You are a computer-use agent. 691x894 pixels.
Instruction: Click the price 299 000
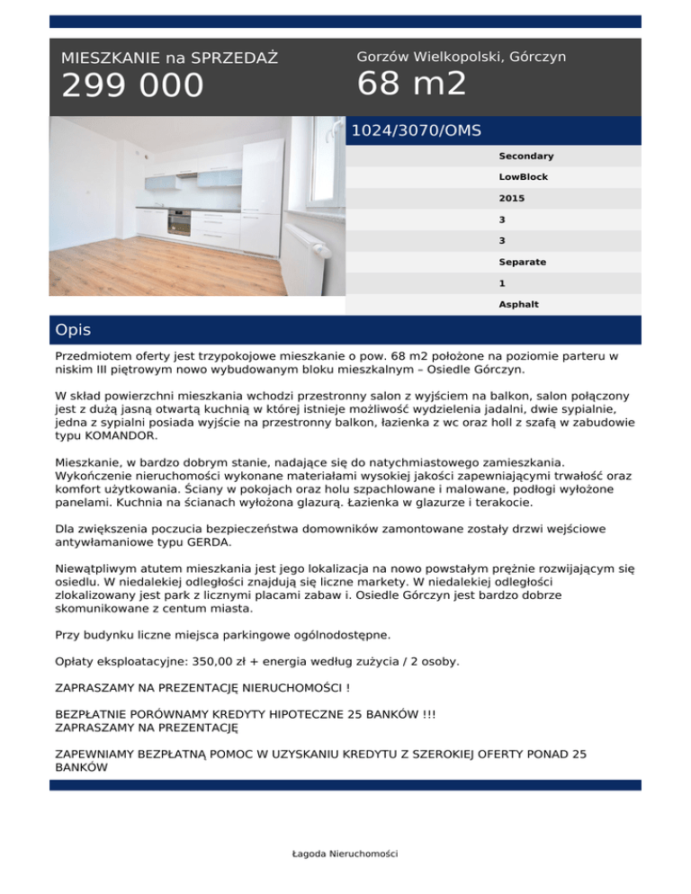pyautogui.click(x=132, y=86)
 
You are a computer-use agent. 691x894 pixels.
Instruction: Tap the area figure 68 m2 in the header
pyautogui.click(x=411, y=85)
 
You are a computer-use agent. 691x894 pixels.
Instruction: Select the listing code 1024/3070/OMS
pyautogui.click(x=416, y=130)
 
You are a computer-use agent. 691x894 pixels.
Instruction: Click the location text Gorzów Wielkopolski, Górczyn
pyautogui.click(x=461, y=57)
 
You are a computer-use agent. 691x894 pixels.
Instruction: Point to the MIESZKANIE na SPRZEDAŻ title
pyautogui.click(x=169, y=58)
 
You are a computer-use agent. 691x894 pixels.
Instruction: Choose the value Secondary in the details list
pyautogui.click(x=526, y=156)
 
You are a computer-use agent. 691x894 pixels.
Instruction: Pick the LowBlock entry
pyautogui.click(x=524, y=177)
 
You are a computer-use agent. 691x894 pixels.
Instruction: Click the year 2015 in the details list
pyautogui.click(x=511, y=199)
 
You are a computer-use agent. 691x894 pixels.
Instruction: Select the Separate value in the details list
pyautogui.click(x=522, y=263)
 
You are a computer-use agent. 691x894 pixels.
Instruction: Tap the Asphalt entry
pyautogui.click(x=519, y=305)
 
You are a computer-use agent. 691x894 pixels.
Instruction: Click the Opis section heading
pyautogui.click(x=73, y=330)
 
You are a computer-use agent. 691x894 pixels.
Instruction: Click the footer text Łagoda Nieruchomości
pyautogui.click(x=345, y=854)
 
